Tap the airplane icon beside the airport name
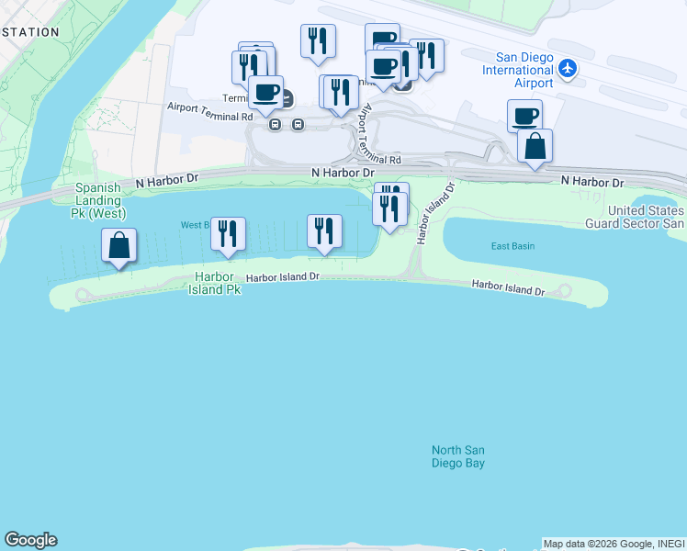click(568, 68)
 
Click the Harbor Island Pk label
click(214, 283)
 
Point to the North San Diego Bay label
click(458, 456)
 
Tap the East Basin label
click(512, 246)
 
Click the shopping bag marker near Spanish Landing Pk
click(118, 245)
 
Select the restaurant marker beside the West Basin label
click(228, 234)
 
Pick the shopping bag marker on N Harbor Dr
click(535, 146)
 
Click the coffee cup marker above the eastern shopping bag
click(524, 116)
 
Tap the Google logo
click(30, 540)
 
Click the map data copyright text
click(614, 544)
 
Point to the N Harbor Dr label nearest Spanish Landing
click(166, 182)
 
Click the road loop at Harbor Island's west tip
click(80, 296)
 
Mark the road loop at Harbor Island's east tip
click(563, 292)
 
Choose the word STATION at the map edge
click(30, 32)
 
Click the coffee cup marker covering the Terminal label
click(265, 92)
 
